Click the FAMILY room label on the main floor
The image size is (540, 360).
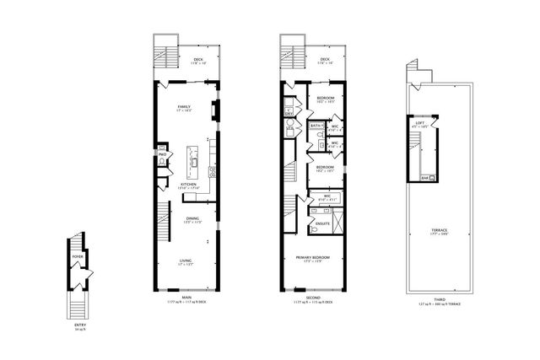183,107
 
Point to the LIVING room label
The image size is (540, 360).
185,261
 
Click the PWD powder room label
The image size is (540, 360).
162,154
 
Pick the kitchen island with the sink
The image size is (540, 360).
192,158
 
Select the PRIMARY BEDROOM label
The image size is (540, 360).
312,257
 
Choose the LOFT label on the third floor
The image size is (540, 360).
419,123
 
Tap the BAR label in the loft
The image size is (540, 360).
424,177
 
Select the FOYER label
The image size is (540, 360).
78,255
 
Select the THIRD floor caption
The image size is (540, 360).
439,300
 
